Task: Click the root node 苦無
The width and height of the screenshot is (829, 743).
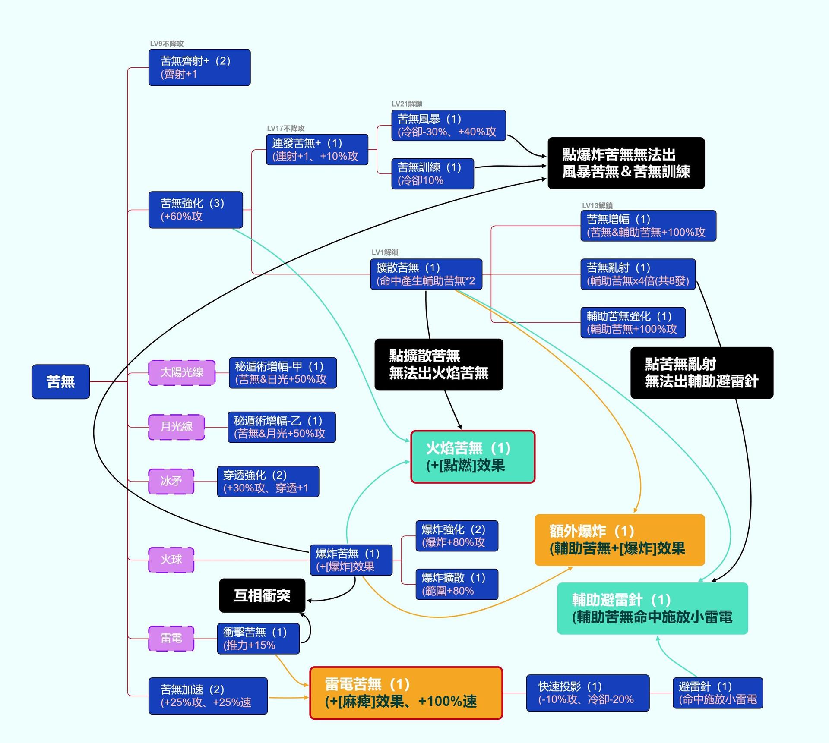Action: click(x=60, y=381)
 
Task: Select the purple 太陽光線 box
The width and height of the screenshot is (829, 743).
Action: click(x=182, y=372)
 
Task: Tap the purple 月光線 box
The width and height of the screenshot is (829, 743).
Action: click(x=176, y=427)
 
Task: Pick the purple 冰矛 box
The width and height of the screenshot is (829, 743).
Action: click(x=171, y=481)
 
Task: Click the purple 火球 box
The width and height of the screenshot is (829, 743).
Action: click(x=171, y=560)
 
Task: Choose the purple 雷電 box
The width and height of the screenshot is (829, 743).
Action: click(x=171, y=638)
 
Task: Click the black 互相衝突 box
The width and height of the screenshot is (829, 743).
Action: click(x=262, y=595)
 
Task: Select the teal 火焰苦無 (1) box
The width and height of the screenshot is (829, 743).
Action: click(x=473, y=457)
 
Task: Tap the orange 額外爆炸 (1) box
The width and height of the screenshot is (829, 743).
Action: click(x=620, y=540)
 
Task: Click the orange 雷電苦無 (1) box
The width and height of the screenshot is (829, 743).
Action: click(x=406, y=693)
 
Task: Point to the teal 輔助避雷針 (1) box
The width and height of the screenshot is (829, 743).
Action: click(x=652, y=608)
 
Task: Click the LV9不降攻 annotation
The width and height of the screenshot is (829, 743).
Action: click(x=167, y=44)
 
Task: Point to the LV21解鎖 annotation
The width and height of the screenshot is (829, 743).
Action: click(x=407, y=104)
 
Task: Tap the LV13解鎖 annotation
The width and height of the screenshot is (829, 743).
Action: click(x=597, y=206)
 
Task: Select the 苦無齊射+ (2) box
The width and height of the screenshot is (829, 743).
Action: click(x=199, y=67)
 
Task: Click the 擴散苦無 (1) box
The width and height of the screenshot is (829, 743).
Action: click(x=426, y=274)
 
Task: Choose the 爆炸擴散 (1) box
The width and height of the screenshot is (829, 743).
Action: click(x=457, y=584)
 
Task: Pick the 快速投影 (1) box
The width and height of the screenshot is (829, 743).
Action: click(x=588, y=693)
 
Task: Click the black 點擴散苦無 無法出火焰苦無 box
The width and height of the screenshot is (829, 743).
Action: click(x=439, y=365)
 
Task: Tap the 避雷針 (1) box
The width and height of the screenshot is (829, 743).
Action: click(x=718, y=693)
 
